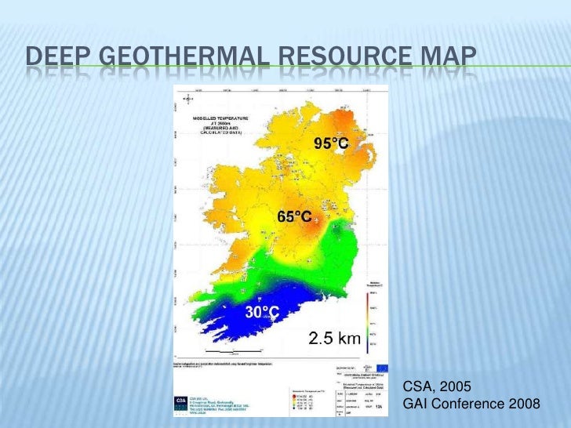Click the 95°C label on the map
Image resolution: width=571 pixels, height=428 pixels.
(x=331, y=143)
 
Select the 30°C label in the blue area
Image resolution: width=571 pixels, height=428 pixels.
(x=262, y=312)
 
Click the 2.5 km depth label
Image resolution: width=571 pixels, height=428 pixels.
(x=333, y=339)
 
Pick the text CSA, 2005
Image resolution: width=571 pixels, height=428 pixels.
(x=436, y=386)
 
